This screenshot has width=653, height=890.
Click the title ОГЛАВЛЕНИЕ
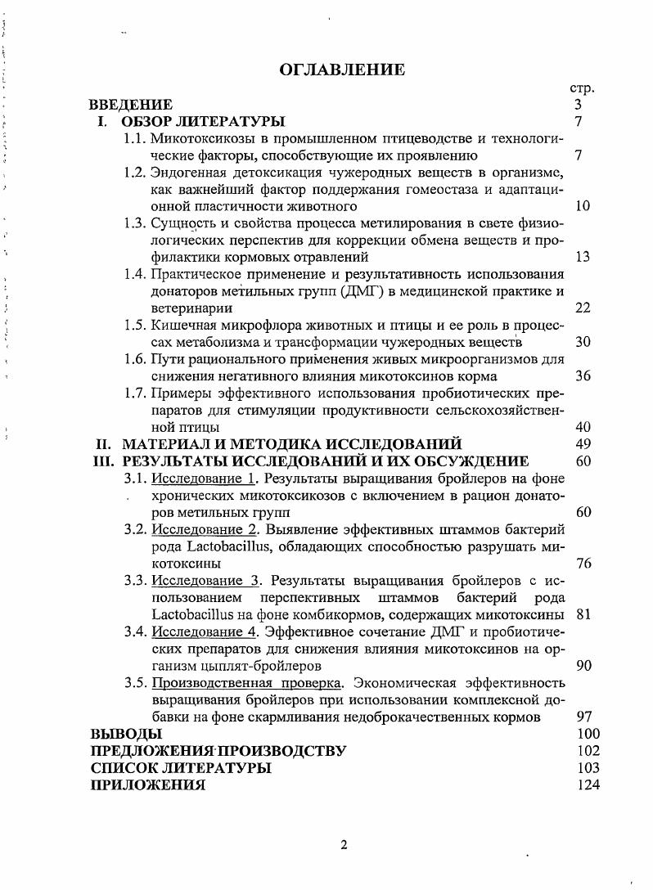(x=342, y=70)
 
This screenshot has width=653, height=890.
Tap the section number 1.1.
(x=135, y=138)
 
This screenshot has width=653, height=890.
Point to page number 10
(x=582, y=206)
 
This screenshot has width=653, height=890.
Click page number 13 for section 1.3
(x=583, y=257)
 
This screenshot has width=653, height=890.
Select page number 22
(x=583, y=308)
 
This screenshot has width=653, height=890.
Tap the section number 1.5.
(x=135, y=326)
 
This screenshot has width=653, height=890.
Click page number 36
(x=583, y=376)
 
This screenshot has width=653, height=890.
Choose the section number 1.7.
(x=135, y=393)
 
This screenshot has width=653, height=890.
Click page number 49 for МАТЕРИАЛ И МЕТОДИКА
(x=583, y=444)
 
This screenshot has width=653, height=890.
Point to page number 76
(x=583, y=564)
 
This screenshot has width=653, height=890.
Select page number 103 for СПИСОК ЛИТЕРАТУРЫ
(x=588, y=768)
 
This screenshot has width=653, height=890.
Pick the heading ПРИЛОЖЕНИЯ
(x=148, y=785)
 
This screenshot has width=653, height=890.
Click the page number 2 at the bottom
(x=344, y=845)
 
